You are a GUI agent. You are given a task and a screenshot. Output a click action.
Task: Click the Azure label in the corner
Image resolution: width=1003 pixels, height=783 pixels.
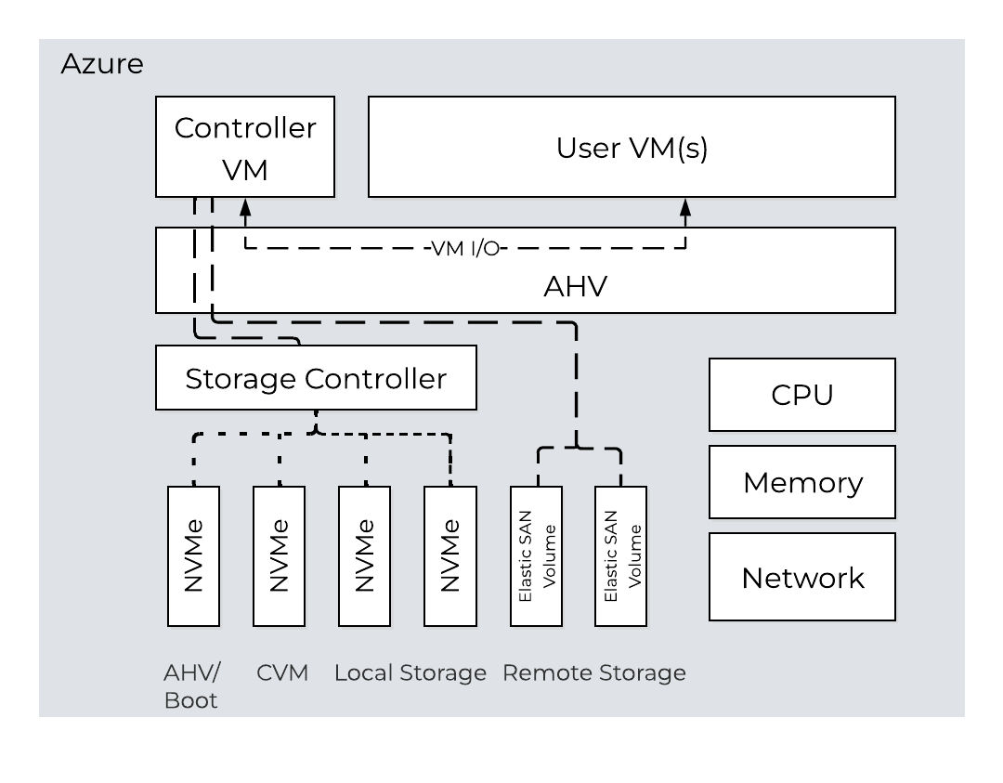tap(102, 64)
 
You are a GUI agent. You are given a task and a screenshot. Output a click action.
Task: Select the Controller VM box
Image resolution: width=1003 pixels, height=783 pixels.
tap(245, 147)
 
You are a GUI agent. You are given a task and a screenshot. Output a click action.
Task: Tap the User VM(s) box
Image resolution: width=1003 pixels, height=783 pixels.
tap(632, 148)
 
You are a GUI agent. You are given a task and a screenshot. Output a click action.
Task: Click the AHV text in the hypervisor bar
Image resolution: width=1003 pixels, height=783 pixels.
tap(575, 285)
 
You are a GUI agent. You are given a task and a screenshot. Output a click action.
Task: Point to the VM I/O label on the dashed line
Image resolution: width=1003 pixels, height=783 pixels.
tap(465, 249)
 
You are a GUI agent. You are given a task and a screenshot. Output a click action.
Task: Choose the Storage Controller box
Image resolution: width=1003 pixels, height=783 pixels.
tap(316, 378)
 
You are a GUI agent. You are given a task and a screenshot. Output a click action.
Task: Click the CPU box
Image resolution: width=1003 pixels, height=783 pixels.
tap(802, 395)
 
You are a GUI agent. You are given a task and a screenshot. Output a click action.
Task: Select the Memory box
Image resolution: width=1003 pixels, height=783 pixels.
tap(802, 482)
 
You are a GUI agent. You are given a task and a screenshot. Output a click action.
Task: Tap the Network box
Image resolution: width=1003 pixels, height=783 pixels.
tap(802, 577)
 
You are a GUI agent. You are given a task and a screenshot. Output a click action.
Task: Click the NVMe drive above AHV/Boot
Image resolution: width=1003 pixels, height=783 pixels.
tap(193, 555)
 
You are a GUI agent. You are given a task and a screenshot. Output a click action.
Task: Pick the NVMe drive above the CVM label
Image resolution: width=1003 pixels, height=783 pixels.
tap(279, 555)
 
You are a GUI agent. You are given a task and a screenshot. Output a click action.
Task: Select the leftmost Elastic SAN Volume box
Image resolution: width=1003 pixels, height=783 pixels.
tap(536, 555)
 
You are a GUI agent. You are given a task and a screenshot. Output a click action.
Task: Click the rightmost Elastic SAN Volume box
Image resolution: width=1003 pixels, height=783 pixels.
tap(621, 555)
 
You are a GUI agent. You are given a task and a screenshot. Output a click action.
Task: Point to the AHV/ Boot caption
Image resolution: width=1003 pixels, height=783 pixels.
tap(190, 686)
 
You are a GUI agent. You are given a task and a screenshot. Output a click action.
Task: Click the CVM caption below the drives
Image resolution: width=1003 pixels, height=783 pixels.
tap(281, 672)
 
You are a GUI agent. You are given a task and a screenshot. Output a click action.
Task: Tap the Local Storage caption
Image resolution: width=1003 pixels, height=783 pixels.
tap(410, 672)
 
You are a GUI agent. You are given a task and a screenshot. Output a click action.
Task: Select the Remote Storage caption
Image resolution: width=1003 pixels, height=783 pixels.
tap(593, 672)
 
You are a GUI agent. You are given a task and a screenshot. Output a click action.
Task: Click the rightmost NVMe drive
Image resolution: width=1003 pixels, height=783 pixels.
tap(449, 555)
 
